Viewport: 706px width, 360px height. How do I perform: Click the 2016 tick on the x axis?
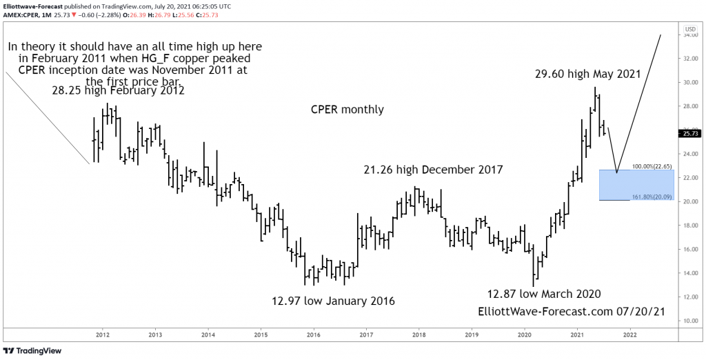coord(313,335)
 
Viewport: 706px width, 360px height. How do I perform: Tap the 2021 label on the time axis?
coord(576,335)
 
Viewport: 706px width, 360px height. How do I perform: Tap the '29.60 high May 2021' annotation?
coord(587,73)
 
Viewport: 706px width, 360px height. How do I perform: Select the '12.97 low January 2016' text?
coord(334,301)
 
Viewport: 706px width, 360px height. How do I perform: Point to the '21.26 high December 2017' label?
coord(434,169)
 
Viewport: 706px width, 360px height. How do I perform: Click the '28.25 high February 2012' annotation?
coord(118,90)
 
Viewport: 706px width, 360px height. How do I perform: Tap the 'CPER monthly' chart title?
coord(347,110)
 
